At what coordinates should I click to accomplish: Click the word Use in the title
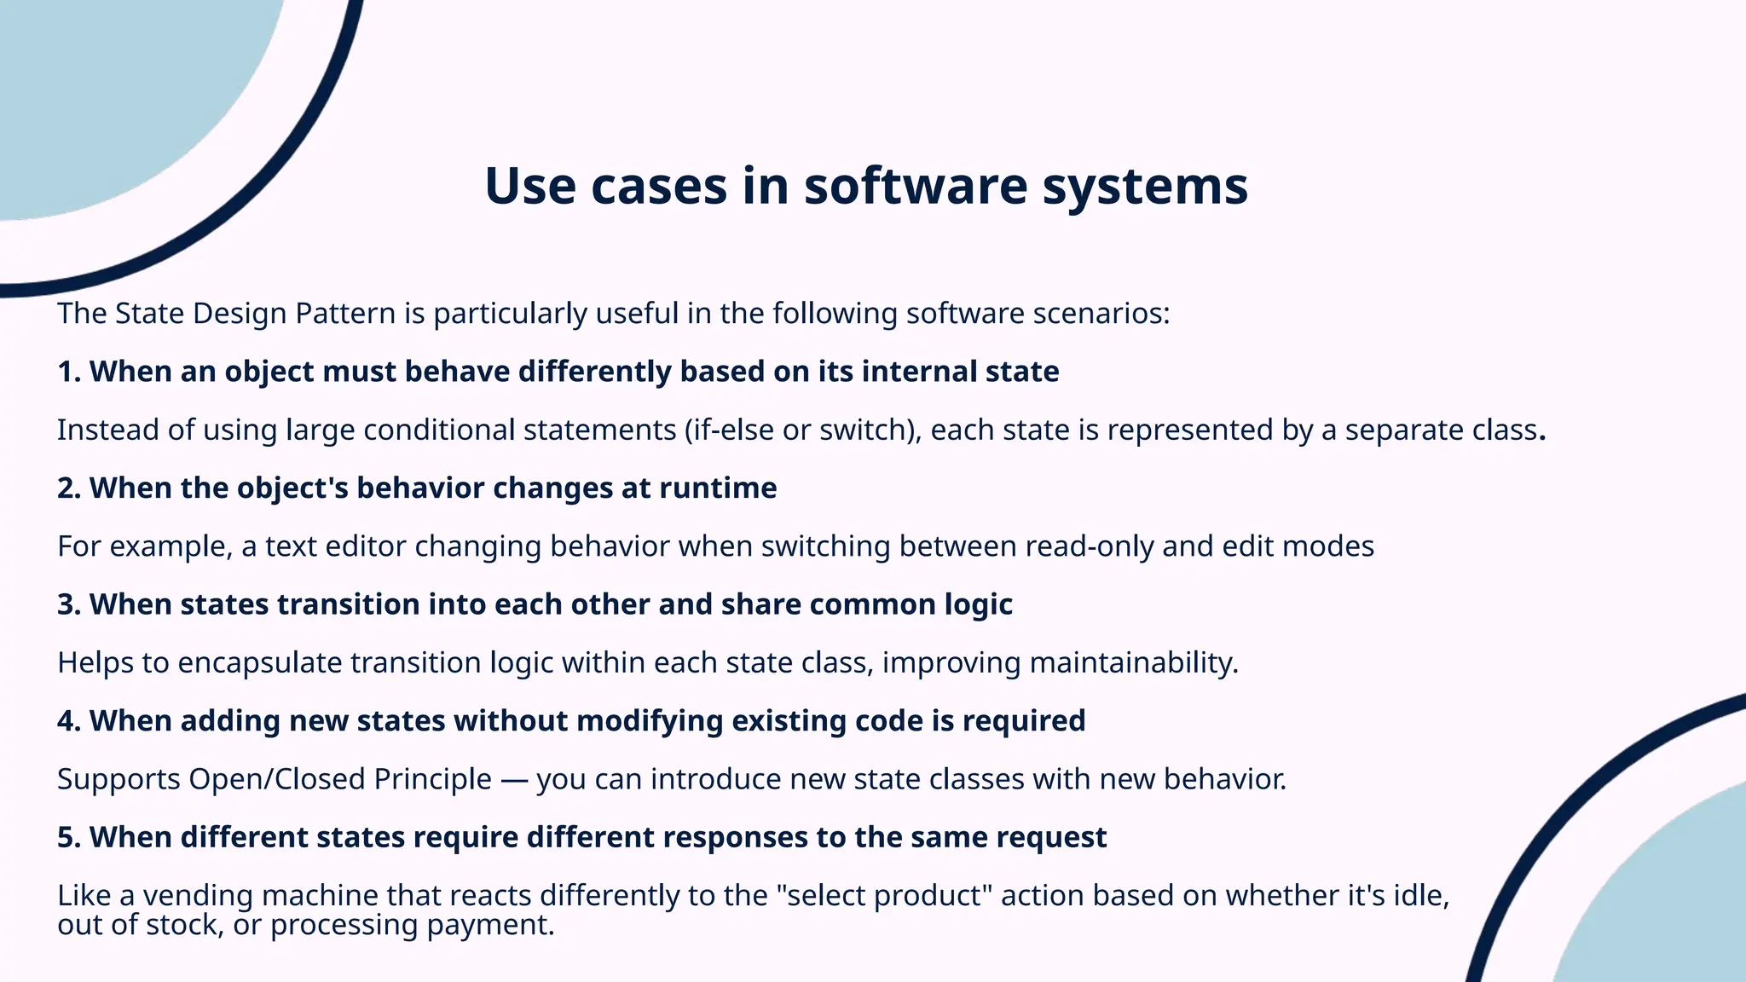pyautogui.click(x=529, y=186)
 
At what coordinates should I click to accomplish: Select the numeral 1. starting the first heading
pyautogui.click(x=69, y=372)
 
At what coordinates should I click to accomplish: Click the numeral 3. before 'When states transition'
pyautogui.click(x=69, y=604)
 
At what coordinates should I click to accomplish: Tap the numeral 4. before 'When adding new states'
pyautogui.click(x=69, y=721)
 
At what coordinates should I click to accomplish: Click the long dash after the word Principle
pyautogui.click(x=514, y=780)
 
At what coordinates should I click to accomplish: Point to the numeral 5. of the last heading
pyautogui.click(x=69, y=837)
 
